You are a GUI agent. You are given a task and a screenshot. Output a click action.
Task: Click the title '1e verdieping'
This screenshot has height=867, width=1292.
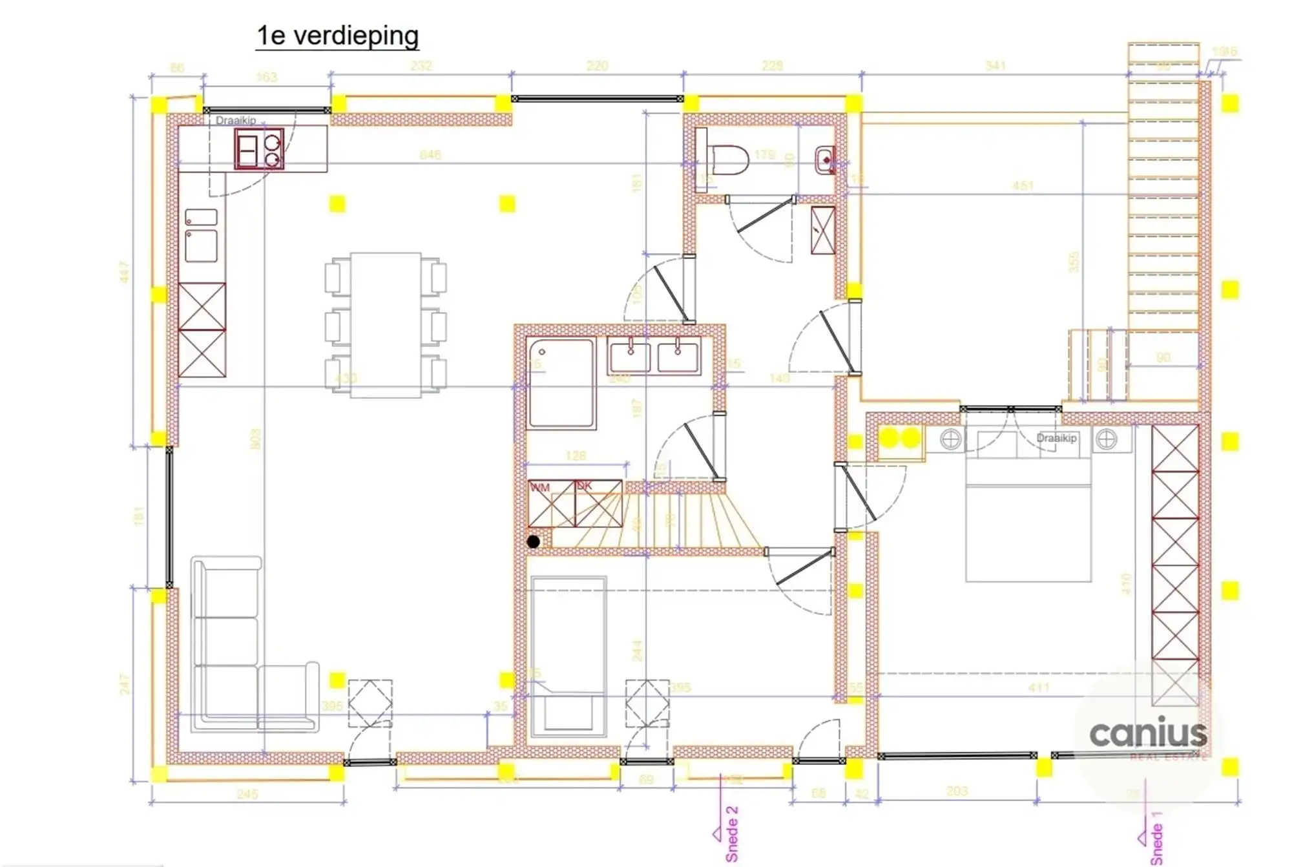tap(337, 36)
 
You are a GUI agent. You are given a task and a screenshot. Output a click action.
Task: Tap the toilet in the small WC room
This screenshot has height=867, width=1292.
tap(727, 158)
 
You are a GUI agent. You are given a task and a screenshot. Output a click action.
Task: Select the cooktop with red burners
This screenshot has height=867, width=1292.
tap(259, 149)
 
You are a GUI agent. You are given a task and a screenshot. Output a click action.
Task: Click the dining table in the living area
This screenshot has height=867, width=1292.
tap(386, 325)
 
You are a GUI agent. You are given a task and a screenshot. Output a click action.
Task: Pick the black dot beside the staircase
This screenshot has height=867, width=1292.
tap(534, 542)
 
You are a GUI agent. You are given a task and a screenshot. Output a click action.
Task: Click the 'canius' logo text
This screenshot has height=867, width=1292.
tap(1148, 733)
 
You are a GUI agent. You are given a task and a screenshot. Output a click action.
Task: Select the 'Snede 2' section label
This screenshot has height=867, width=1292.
tap(731, 833)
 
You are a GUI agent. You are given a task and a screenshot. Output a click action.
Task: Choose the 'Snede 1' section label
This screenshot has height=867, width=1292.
tap(1156, 839)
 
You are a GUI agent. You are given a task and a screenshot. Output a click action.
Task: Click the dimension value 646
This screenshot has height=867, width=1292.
tap(430, 155)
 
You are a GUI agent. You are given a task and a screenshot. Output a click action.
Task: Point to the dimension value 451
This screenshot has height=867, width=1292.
tap(1023, 186)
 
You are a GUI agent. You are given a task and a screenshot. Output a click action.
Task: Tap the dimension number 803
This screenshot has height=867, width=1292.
tap(255, 439)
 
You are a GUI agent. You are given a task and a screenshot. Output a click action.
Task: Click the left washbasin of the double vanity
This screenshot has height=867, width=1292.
tap(629, 357)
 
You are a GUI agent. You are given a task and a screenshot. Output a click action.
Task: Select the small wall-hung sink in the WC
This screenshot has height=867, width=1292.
tap(825, 160)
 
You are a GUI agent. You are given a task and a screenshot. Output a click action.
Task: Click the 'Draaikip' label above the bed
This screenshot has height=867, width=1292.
tap(1056, 438)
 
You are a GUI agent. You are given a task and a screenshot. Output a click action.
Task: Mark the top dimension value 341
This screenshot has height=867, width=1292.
tap(995, 66)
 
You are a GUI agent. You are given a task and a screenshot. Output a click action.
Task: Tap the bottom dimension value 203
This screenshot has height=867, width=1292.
tap(957, 791)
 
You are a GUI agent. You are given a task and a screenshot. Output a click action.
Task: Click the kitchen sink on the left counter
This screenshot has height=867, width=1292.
tap(201, 245)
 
